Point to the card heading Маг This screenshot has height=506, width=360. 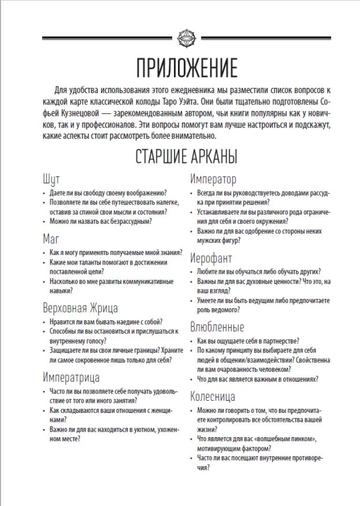[x=52, y=237]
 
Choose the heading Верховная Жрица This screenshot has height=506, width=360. [x=80, y=307]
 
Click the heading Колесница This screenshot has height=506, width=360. [x=213, y=395]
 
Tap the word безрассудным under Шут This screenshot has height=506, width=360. [x=126, y=221]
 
